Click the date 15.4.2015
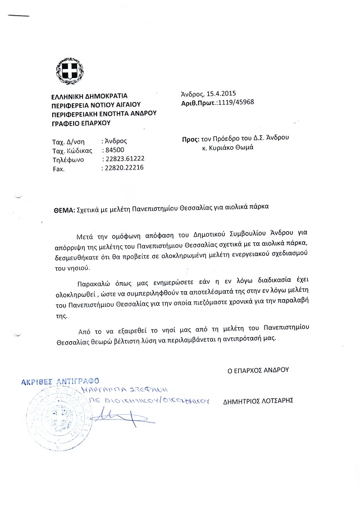[220, 94]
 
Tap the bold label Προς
[190, 138]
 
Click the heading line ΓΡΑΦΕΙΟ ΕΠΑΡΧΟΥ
[81, 122]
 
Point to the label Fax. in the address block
[58, 168]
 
